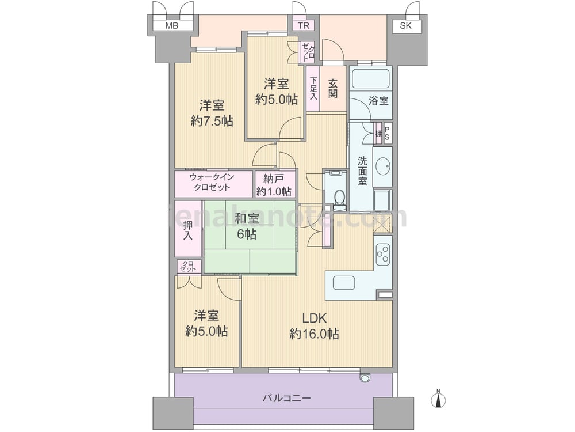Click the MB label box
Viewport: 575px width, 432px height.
[x=172, y=25]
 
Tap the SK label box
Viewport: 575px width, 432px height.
[x=405, y=25]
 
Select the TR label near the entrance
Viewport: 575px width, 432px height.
[x=303, y=25]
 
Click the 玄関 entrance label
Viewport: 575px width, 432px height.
[x=332, y=89]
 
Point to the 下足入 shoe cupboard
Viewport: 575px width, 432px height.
[x=313, y=88]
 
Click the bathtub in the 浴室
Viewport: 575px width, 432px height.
[x=370, y=78]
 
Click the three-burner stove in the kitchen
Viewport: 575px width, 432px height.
[x=383, y=254]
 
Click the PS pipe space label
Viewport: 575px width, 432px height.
[x=387, y=132]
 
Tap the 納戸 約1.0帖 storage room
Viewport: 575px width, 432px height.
[x=275, y=184]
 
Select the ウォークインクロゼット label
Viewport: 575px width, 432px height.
[x=212, y=182]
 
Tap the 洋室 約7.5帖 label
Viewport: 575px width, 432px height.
[x=212, y=113]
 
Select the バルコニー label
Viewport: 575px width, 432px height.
[x=287, y=398]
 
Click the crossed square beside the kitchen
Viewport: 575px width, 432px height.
[x=383, y=223]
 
